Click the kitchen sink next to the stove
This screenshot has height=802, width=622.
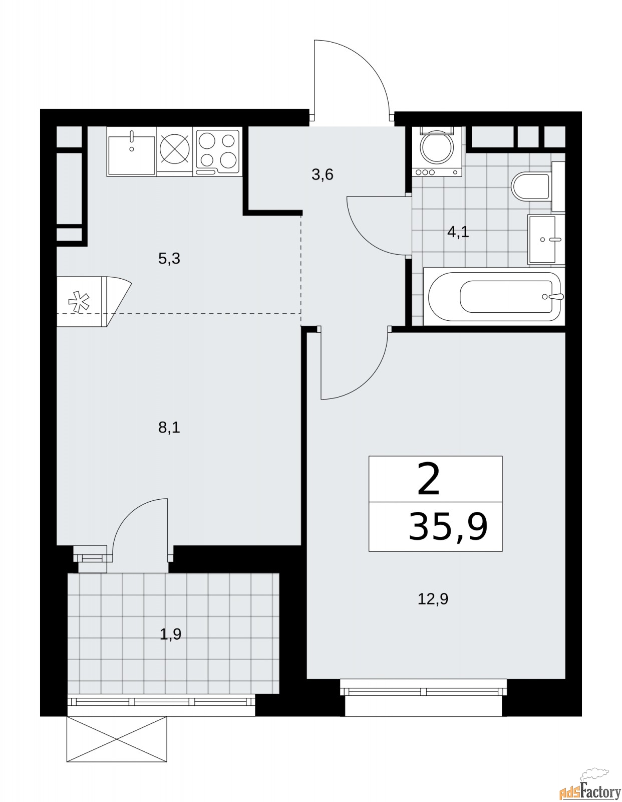(131, 151)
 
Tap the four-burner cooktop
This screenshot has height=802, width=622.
(217, 151)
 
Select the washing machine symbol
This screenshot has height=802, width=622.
(437, 151)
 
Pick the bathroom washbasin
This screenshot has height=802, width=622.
(546, 239)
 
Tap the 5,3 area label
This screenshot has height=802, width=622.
(169, 259)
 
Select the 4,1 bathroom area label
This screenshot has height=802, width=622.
(458, 232)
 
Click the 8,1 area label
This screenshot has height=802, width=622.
(169, 428)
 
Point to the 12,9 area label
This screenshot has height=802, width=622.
(433, 599)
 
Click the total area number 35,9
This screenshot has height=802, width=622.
(448, 527)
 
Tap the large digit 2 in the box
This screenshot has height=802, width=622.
(429, 479)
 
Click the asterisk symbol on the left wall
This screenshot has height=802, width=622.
(79, 302)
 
